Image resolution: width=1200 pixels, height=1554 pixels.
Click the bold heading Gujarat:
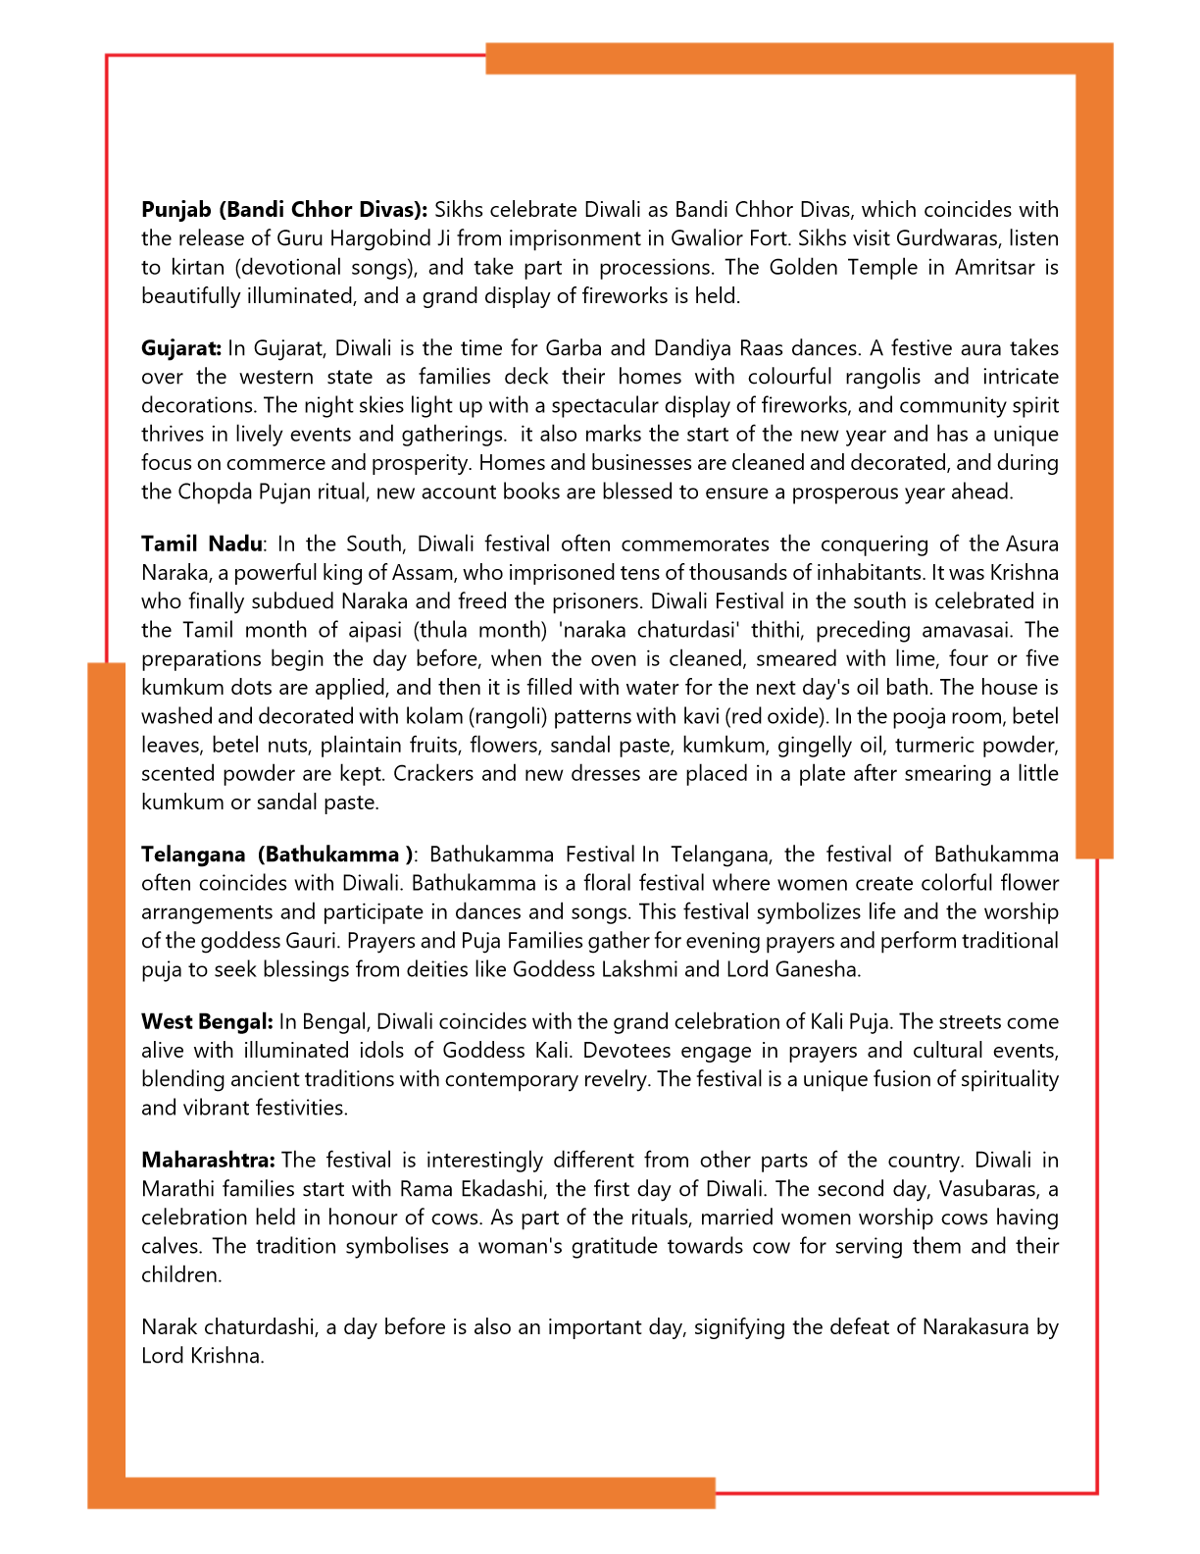pyautogui.click(x=181, y=348)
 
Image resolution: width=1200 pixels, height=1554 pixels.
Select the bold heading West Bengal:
pyautogui.click(x=207, y=1022)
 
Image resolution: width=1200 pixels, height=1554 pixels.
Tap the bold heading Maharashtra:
pyautogui.click(x=208, y=1161)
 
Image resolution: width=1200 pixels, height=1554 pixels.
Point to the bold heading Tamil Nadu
pyautogui.click(x=201, y=544)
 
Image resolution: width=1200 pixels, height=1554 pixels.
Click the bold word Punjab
pyautogui.click(x=176, y=210)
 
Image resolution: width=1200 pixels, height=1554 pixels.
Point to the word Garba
pyautogui.click(x=574, y=348)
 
